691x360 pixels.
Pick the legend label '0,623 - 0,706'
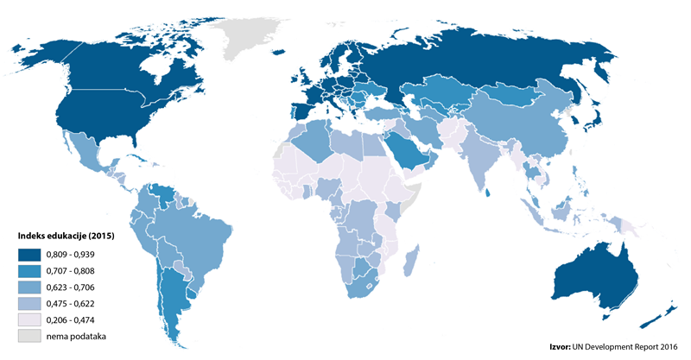tap(75, 287)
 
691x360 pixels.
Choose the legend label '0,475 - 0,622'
tap(75, 304)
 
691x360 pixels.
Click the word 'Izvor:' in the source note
tap(561, 347)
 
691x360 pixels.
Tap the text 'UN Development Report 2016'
tap(630, 347)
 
